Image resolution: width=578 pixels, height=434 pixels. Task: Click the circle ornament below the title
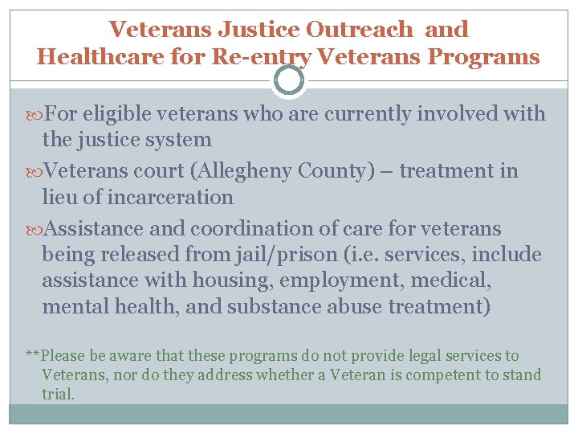pos(289,80)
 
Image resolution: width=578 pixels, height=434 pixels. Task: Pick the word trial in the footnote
pos(58,395)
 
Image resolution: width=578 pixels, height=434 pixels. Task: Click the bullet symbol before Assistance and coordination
pos(34,230)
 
